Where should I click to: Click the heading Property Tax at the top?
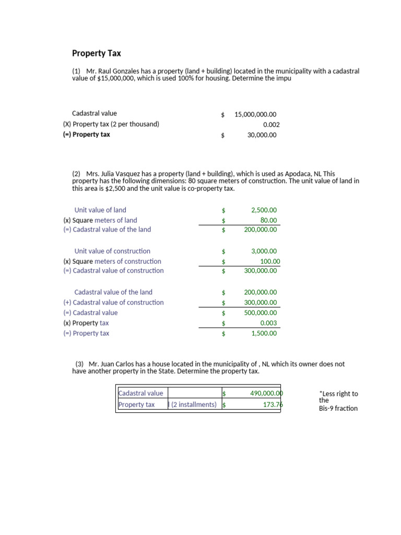click(x=96, y=53)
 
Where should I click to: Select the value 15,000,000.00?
click(x=255, y=114)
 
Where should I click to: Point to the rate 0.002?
click(x=271, y=125)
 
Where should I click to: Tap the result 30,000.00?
click(x=262, y=135)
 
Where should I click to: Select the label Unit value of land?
click(x=100, y=210)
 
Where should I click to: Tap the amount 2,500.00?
click(x=264, y=210)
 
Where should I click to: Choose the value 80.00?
click(x=268, y=220)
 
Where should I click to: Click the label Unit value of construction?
click(x=112, y=251)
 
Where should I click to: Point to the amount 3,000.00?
click(x=264, y=251)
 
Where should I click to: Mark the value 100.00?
click(x=270, y=261)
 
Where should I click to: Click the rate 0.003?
click(x=268, y=323)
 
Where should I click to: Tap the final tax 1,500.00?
click(x=264, y=333)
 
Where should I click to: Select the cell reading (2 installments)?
click(x=193, y=404)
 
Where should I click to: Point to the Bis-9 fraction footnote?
click(x=338, y=409)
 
